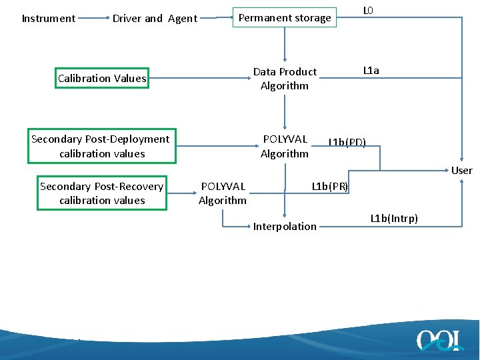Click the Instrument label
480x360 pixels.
pyautogui.click(x=49, y=19)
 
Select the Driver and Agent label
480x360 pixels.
pyautogui.click(x=155, y=19)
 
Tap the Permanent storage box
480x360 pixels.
pyautogui.click(x=285, y=18)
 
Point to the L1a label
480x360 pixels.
pyautogui.click(x=371, y=71)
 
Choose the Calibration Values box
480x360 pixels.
pyautogui.click(x=102, y=79)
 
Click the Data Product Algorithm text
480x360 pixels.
pyautogui.click(x=285, y=79)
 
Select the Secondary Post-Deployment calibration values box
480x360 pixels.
pyautogui.click(x=101, y=146)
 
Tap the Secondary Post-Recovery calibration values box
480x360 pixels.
pyautogui.click(x=101, y=193)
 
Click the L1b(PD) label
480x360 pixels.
pyautogui.click(x=347, y=141)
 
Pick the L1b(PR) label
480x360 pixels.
pyautogui.click(x=330, y=186)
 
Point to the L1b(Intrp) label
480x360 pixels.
pyautogui.click(x=394, y=218)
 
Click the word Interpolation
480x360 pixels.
pyautogui.click(x=285, y=227)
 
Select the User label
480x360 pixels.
pyautogui.click(x=461, y=171)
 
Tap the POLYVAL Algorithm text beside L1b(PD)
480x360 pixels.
pyautogui.click(x=285, y=146)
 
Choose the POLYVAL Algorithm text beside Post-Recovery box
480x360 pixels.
pyautogui.click(x=223, y=193)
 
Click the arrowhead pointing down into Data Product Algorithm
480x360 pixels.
pyautogui.click(x=285, y=59)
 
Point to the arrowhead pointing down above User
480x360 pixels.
pyautogui.click(x=462, y=160)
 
